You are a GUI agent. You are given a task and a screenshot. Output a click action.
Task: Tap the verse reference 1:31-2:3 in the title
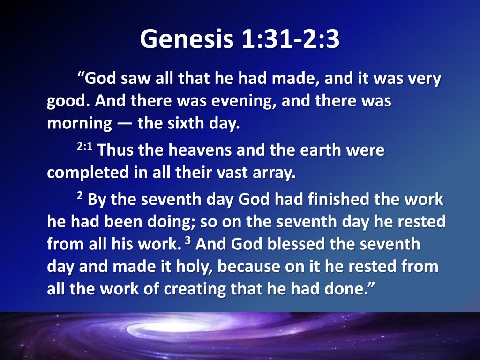[290, 39]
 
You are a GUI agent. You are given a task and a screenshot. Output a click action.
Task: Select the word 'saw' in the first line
[136, 79]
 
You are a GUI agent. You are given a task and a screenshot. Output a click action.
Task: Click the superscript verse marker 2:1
[84, 147]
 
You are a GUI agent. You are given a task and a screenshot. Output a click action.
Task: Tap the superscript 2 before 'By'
[80, 195]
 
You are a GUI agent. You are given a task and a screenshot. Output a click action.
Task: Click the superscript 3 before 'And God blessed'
[188, 240]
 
